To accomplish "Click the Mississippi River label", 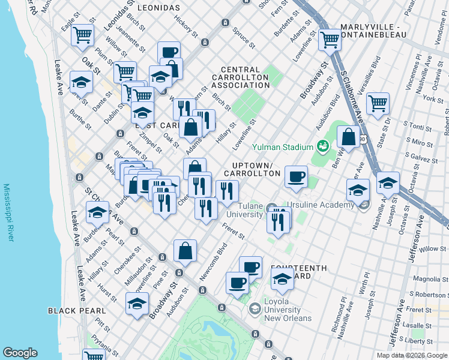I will click(x=8, y=213).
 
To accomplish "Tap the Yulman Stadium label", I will click(x=283, y=147).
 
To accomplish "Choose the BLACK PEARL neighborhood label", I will click(x=77, y=311).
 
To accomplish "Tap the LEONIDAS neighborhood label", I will click(x=158, y=8).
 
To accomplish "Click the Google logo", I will click(x=20, y=353).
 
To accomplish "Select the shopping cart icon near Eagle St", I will click(x=82, y=34).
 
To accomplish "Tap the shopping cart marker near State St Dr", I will click(x=378, y=103).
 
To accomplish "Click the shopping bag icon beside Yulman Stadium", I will click(x=348, y=136).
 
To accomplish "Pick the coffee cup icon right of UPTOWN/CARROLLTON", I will click(x=296, y=176).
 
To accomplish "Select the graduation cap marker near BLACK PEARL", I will click(x=137, y=304).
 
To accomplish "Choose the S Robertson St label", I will click(x=427, y=295).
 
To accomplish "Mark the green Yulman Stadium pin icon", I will click(x=322, y=146).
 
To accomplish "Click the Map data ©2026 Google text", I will click(x=412, y=355).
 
